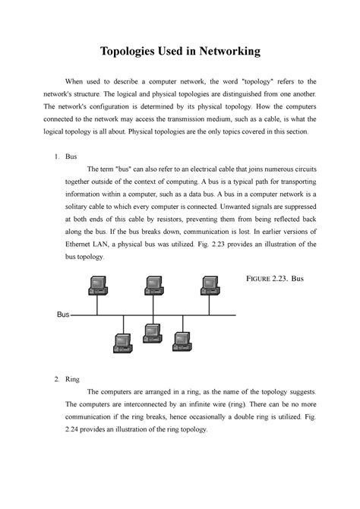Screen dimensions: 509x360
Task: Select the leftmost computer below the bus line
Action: [121, 343]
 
